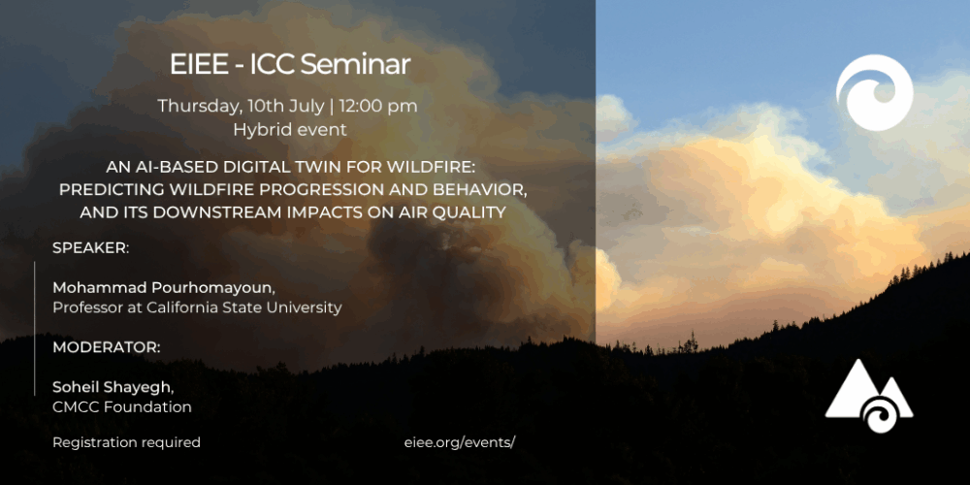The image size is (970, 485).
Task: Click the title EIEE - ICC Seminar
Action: tap(289, 65)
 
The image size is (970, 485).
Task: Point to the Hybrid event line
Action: tap(289, 128)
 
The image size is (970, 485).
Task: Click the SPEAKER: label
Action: tap(90, 247)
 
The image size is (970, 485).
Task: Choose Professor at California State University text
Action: tap(197, 307)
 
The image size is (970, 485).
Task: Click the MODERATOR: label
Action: tap(107, 346)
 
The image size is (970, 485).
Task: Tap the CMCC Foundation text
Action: tap(121, 407)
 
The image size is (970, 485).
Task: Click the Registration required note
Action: tap(126, 442)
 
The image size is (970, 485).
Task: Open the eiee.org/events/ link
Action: tap(459, 442)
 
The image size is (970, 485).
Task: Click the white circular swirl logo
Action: tap(874, 93)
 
